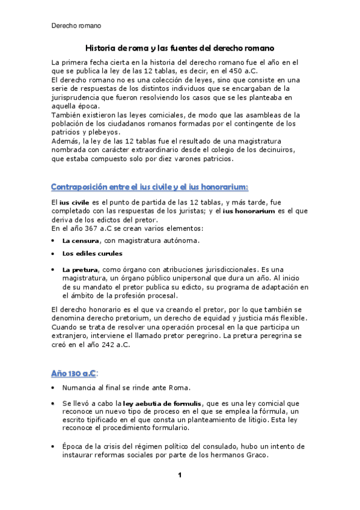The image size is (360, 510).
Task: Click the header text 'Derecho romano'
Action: tap(76, 26)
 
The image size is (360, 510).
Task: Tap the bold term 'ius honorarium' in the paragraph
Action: tap(249, 211)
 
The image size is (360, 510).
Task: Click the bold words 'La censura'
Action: tap(81, 241)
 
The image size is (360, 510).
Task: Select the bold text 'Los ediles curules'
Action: tap(92, 254)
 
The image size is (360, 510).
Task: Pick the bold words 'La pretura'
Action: tap(79, 270)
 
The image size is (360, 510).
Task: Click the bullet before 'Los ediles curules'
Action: tap(54, 254)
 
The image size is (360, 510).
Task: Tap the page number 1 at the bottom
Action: tap(179, 476)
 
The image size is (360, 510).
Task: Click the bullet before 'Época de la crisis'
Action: tap(54, 447)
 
